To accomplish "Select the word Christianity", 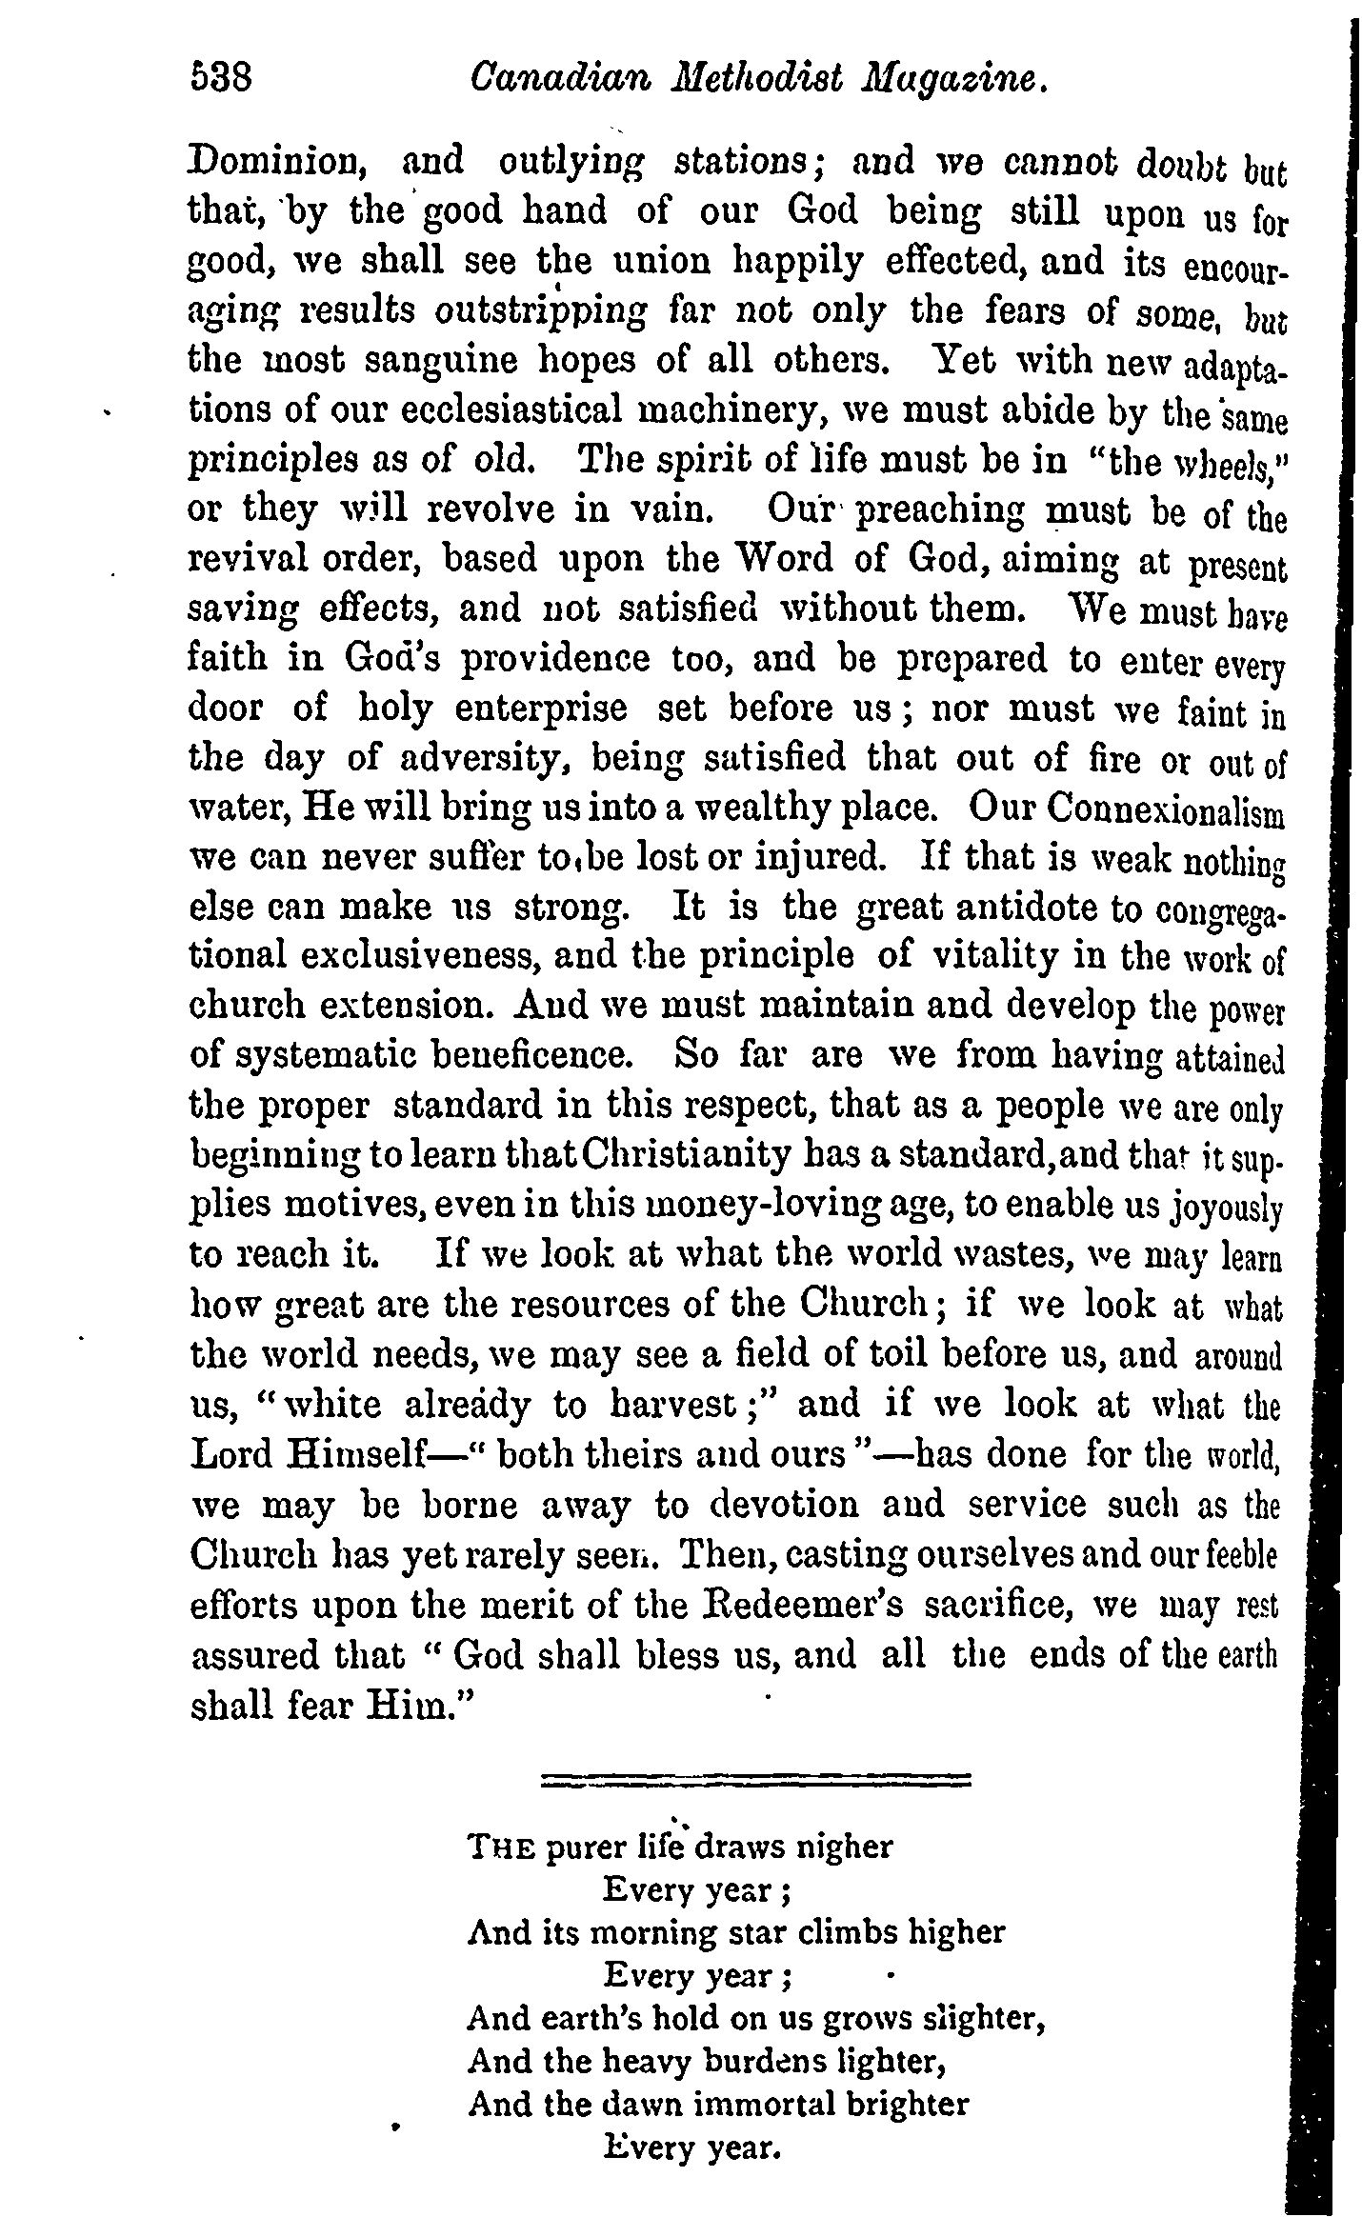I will [x=685, y=1155].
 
